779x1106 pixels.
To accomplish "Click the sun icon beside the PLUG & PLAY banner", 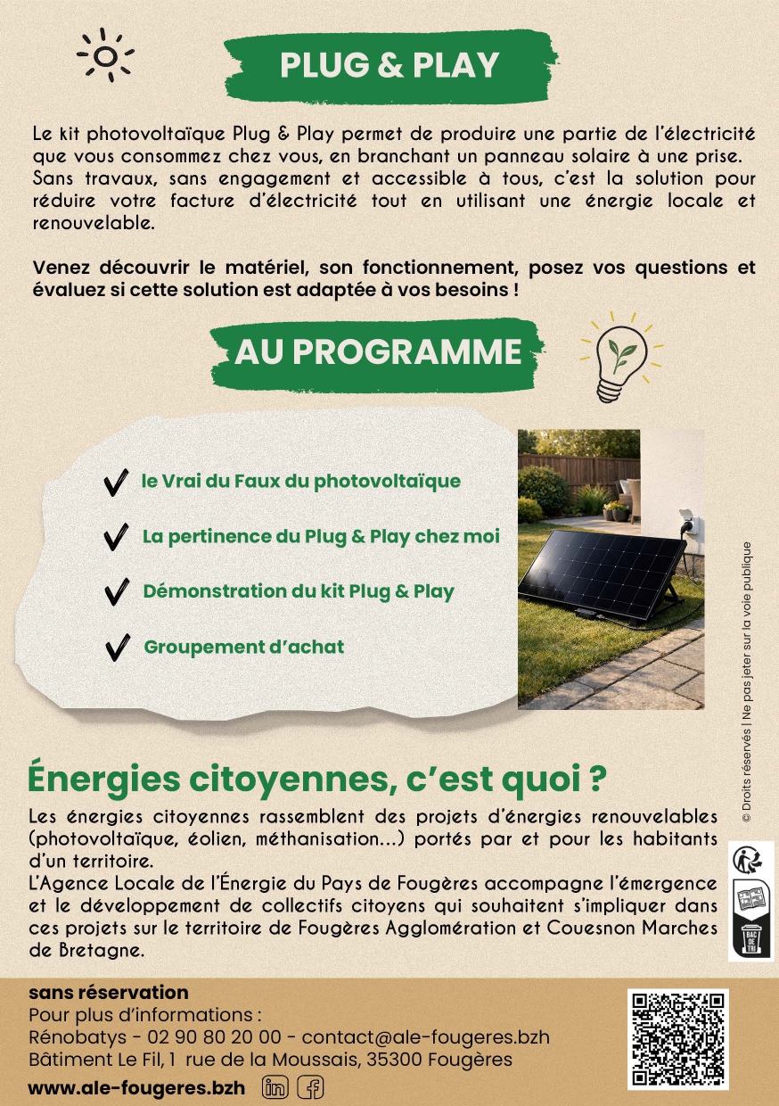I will coord(105,56).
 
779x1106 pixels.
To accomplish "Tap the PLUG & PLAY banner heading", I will coord(389,64).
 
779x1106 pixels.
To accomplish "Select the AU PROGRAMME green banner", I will coord(377,351).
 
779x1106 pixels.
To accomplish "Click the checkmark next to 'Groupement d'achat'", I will coord(117,648).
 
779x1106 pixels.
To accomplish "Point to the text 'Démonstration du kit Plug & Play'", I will coord(299,591).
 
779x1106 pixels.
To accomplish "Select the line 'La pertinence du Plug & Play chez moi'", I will coord(321,537).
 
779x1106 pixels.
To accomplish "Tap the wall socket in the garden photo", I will coord(687,518).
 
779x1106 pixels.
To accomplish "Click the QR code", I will coord(678,1039).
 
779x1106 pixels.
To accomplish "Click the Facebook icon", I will coord(310,1087).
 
